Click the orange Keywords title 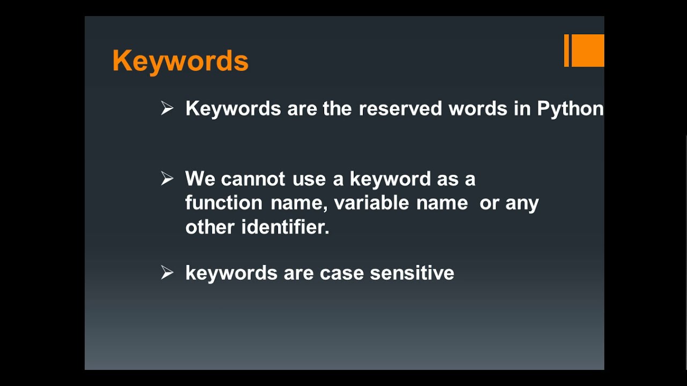coord(180,61)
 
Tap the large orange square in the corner coord(588,50)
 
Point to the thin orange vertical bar coord(566,50)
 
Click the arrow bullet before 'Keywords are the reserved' coord(167,108)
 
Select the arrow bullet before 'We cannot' coord(167,179)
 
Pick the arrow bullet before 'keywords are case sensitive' coord(167,273)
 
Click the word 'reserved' coord(400,108)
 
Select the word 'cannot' coord(253,179)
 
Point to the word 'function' coord(223,203)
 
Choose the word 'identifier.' coord(285,227)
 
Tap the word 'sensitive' coord(412,273)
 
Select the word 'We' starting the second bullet coord(200,179)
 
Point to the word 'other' coord(210,227)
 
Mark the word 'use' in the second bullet coord(309,179)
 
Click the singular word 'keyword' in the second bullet coord(390,179)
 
